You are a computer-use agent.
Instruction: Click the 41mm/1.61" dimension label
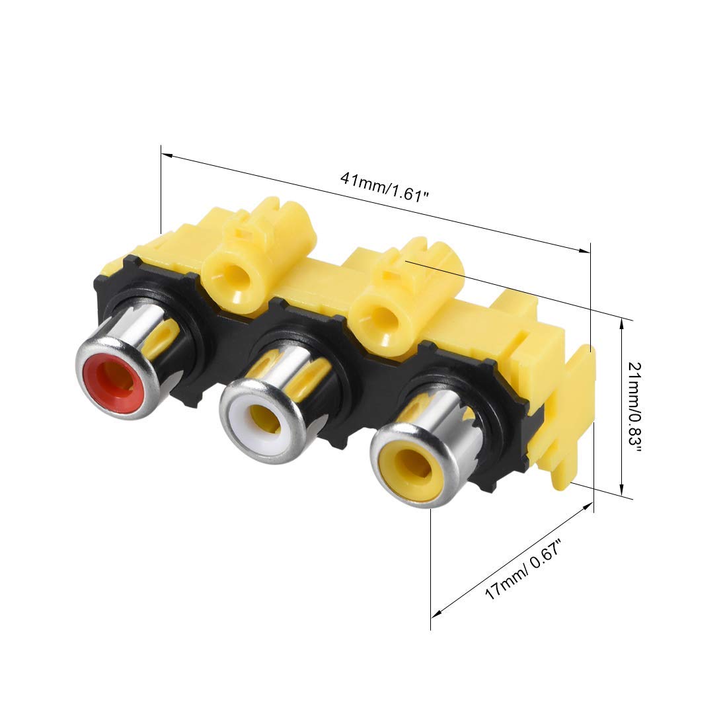383,187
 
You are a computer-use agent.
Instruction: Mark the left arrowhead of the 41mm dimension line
167,155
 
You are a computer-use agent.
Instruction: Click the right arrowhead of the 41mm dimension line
584,250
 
